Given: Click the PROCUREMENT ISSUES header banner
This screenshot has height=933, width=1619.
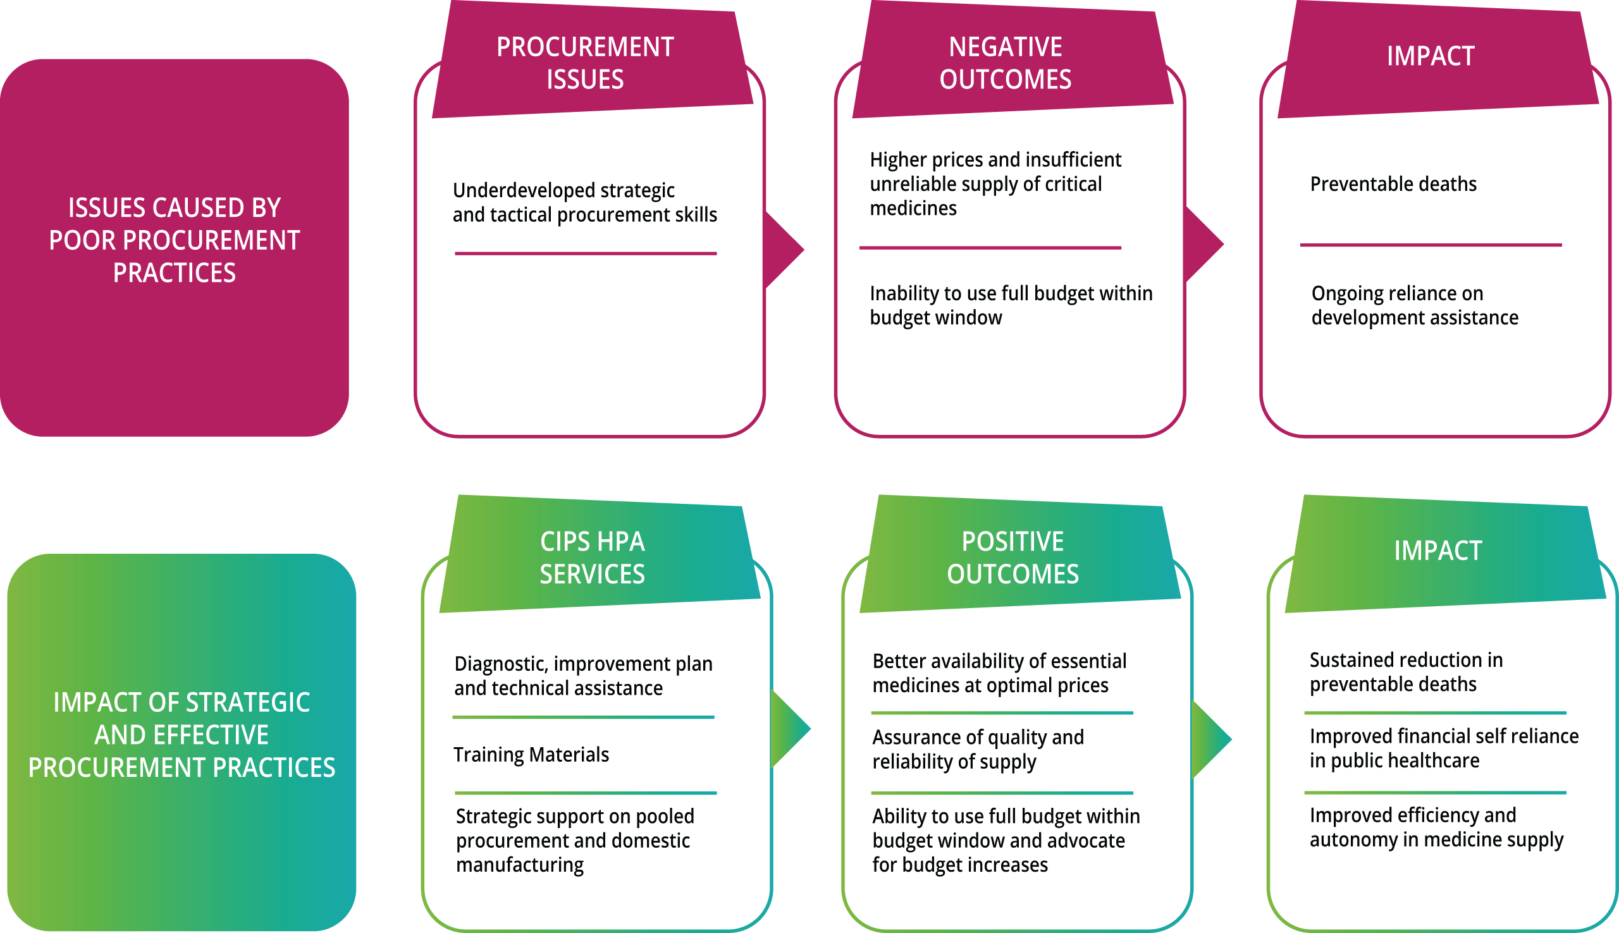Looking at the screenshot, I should [x=585, y=63].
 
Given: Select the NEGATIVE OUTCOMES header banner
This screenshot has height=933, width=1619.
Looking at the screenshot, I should [x=1005, y=63].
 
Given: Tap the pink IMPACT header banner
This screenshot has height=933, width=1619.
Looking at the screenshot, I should [x=1431, y=58].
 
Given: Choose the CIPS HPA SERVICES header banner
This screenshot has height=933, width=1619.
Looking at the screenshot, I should [x=592, y=558].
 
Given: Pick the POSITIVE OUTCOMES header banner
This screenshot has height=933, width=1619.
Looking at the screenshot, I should [x=1013, y=558].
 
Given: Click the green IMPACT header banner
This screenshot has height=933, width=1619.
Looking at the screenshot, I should [x=1437, y=552].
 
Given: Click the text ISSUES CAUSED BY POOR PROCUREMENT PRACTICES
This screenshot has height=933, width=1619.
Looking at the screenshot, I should [x=175, y=240].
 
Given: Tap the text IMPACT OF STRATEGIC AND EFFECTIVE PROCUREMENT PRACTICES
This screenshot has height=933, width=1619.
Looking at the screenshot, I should [x=182, y=735].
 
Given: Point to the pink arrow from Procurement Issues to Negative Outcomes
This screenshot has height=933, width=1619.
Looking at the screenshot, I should [x=784, y=250].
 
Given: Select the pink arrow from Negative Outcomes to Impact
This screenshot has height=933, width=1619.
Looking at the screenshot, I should [x=1203, y=244].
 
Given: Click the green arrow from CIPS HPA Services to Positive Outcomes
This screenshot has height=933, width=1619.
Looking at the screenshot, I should [x=791, y=729].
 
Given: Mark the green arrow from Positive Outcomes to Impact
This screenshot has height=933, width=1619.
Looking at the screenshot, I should [x=1210, y=739].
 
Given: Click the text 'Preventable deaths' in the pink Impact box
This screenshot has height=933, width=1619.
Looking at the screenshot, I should [x=1393, y=185].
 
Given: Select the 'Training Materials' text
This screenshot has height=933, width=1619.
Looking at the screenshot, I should [x=531, y=755].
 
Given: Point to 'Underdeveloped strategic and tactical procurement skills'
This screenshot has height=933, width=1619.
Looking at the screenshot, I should [x=584, y=202].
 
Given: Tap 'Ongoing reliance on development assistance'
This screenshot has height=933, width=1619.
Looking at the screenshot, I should [x=1415, y=305].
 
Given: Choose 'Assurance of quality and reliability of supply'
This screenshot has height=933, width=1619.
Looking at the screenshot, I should [x=978, y=750].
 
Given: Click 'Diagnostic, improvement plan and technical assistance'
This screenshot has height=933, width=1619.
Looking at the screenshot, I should [x=582, y=676].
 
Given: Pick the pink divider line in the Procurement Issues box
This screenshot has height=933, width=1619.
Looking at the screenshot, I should [x=585, y=253].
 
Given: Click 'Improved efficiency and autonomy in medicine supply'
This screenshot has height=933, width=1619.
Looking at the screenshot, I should [x=1436, y=827].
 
